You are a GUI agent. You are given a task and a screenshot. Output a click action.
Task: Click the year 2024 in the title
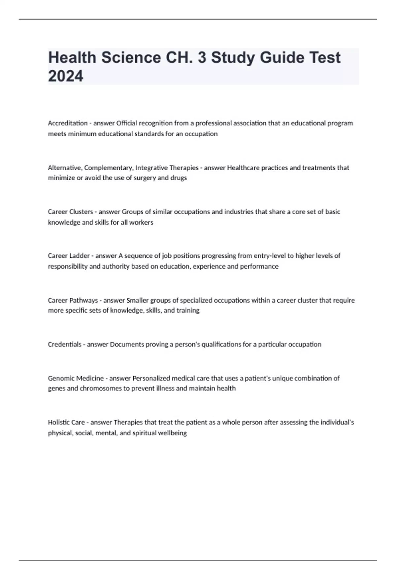tap(66, 76)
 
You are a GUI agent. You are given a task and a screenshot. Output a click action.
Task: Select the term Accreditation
tap(68, 123)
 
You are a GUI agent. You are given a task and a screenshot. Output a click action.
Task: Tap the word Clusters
tap(81, 212)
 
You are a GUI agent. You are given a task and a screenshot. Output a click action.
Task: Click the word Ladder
tap(79, 256)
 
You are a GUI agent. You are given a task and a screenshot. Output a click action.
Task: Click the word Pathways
tap(83, 300)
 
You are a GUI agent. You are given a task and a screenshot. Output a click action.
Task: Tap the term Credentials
tap(65, 345)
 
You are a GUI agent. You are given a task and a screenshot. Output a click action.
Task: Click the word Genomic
tap(61, 378)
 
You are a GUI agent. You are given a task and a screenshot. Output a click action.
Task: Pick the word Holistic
tap(59, 422)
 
